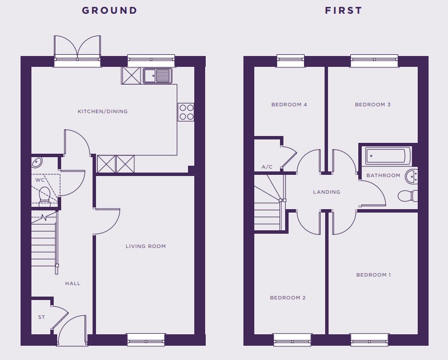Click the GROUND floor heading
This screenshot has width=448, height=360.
tap(110, 10)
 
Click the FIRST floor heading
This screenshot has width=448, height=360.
tap(343, 10)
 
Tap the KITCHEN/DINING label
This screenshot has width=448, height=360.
tap(103, 111)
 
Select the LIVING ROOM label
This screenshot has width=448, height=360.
tap(146, 246)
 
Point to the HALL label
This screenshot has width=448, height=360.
tap(73, 283)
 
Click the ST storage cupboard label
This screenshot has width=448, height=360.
tap(41, 317)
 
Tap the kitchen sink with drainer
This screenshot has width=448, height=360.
tap(158, 75)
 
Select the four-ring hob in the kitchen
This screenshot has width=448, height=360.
tap(186, 112)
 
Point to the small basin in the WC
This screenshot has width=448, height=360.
tap(37, 162)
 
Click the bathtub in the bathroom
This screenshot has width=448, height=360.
tap(386, 155)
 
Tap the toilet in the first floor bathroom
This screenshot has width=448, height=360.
tap(408, 196)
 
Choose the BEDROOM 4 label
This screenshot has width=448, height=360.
tap(289, 105)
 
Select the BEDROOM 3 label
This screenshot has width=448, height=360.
tap(373, 105)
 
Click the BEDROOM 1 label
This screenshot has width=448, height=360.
tap(374, 275)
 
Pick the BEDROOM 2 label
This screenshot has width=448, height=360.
tap(288, 298)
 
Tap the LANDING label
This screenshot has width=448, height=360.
tap(327, 192)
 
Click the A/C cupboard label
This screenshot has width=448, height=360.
tap(267, 167)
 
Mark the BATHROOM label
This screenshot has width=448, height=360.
tap(383, 175)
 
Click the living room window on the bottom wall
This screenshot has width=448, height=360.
tap(146, 339)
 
